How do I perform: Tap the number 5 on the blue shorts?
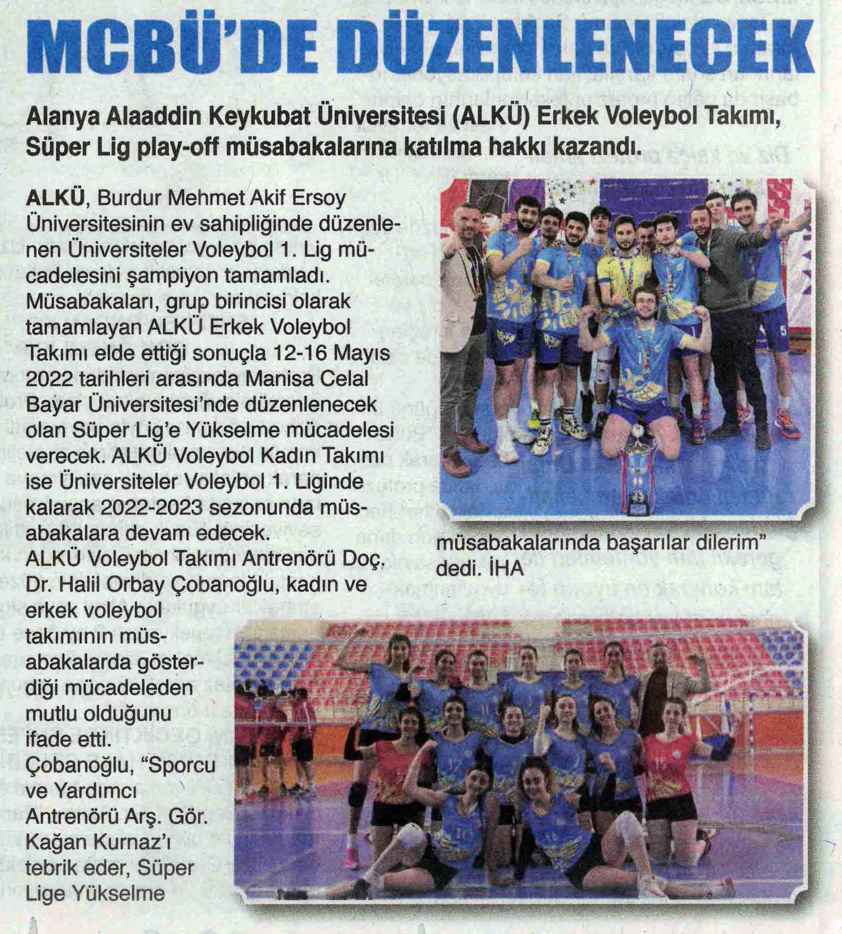[784, 331]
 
